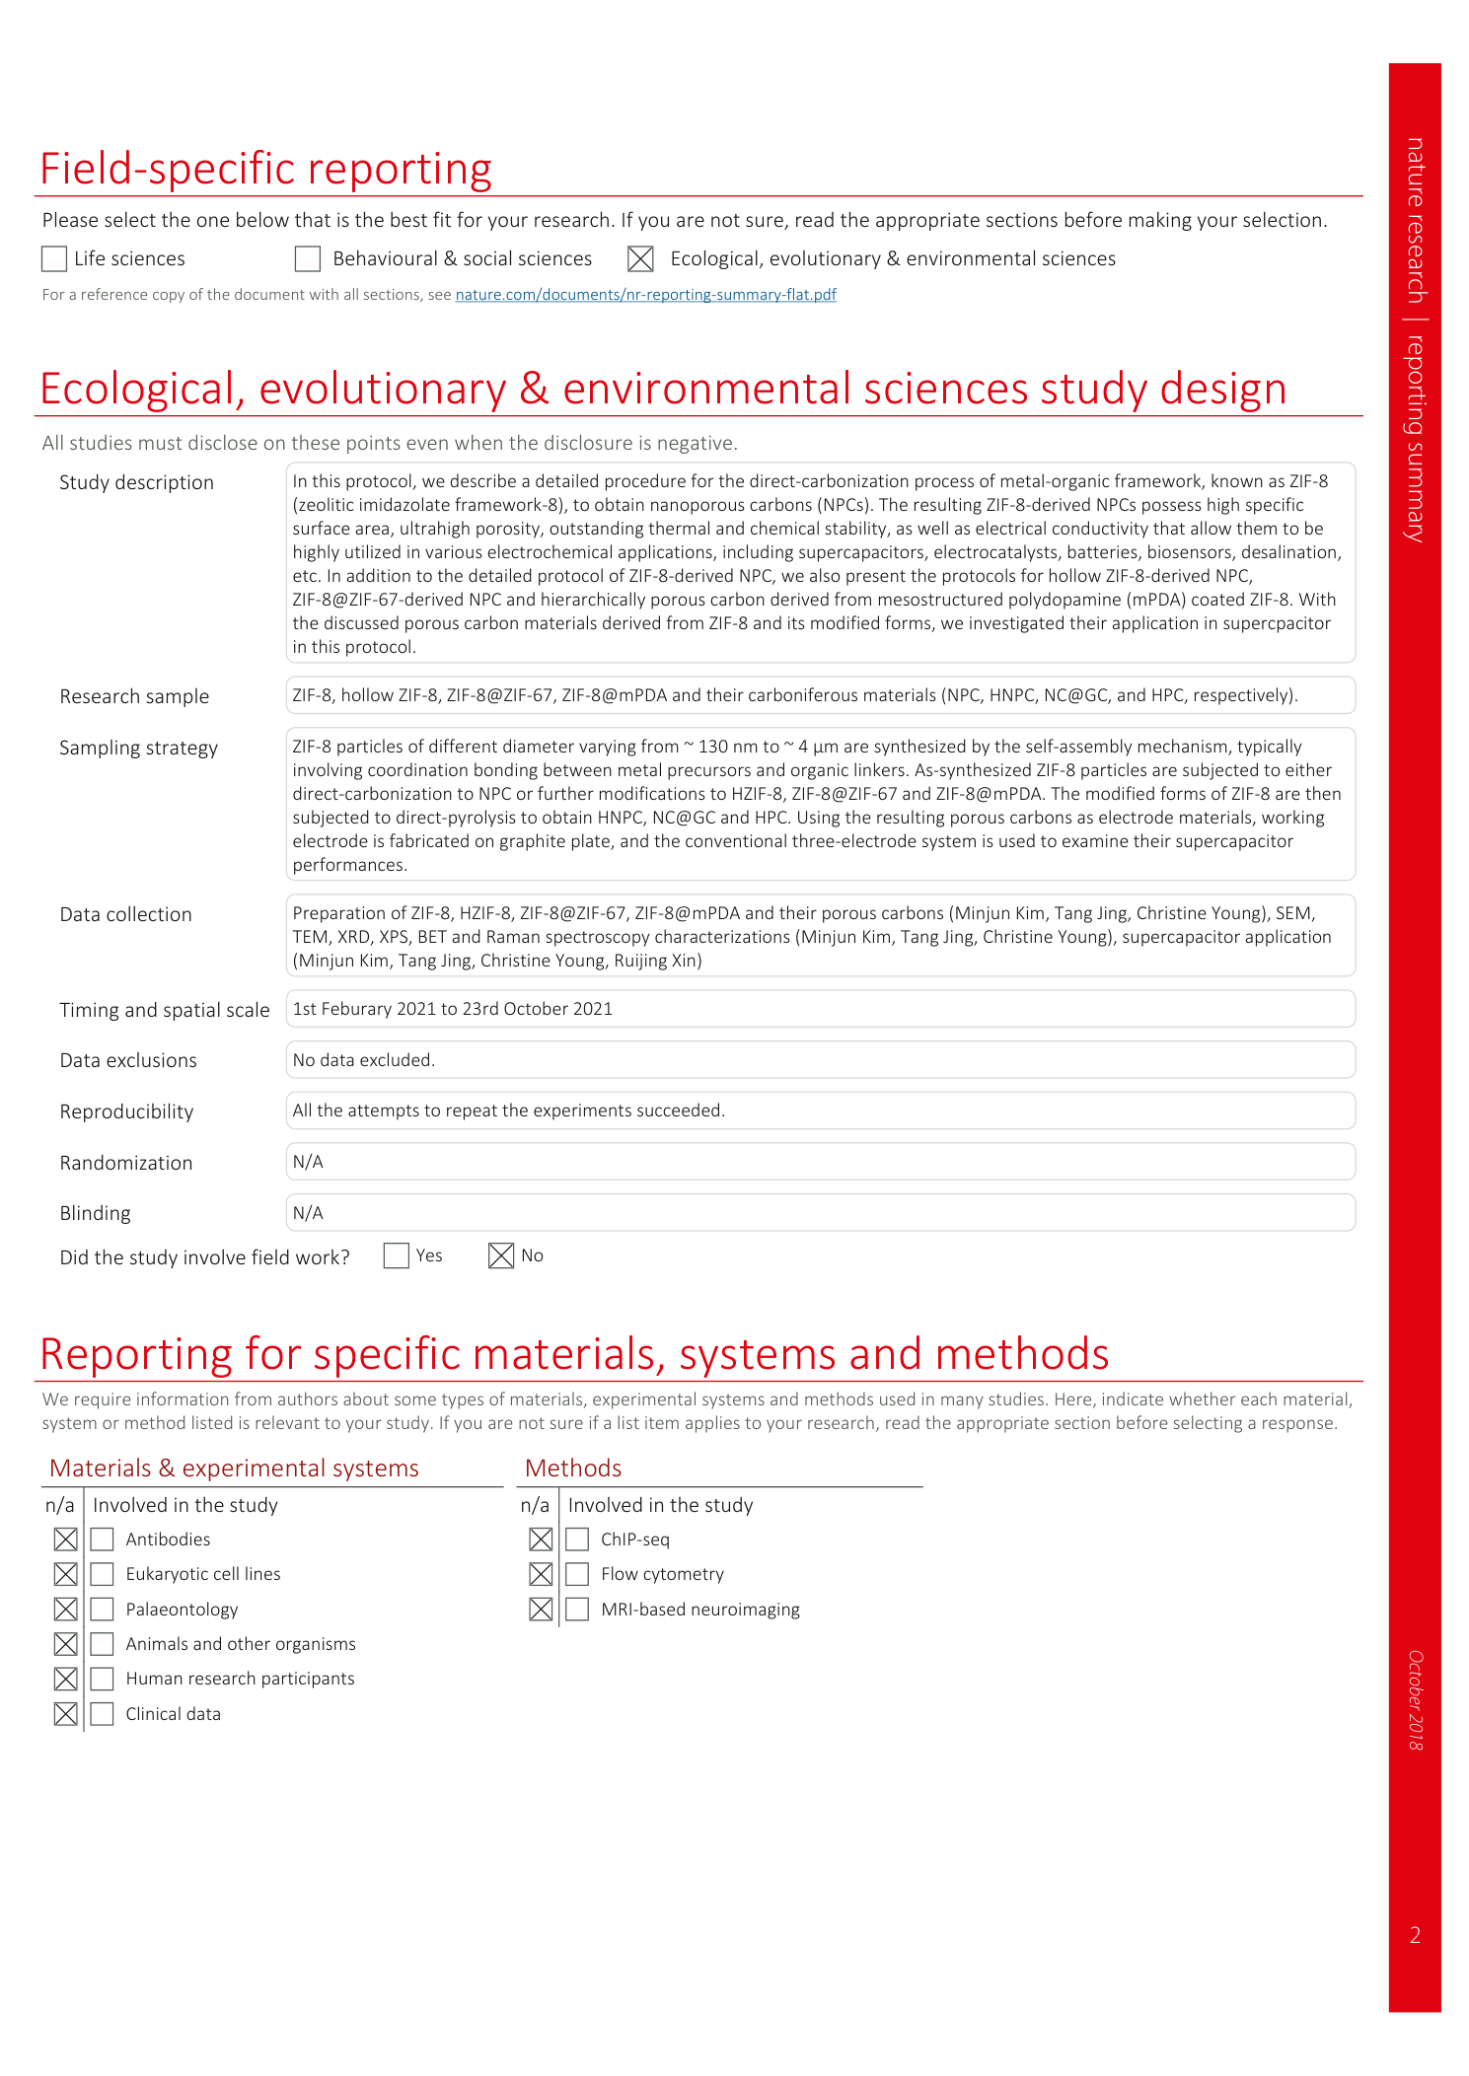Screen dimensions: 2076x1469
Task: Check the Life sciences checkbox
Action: pos(54,259)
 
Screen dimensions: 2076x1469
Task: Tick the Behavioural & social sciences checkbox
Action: pos(308,259)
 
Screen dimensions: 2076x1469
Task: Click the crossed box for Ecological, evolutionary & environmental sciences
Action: pos(640,259)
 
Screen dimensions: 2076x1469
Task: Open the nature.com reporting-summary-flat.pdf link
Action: pos(645,295)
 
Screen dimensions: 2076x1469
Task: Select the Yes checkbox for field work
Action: pos(397,1255)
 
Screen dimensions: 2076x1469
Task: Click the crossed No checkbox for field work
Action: pos(501,1255)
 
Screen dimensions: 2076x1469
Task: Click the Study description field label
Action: pos(136,482)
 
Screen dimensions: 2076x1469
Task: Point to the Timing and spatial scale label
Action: pos(164,1010)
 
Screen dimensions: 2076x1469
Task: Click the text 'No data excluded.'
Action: pos(363,1060)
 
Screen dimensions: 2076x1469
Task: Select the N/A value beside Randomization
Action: pos(308,1162)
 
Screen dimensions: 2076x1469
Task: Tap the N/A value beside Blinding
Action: pos(308,1213)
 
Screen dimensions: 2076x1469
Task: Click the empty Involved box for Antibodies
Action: pos(102,1539)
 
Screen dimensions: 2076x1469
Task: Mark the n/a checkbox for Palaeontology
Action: pos(66,1610)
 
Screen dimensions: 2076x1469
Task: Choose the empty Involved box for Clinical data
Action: pos(102,1714)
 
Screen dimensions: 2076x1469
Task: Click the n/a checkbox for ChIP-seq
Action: pos(541,1539)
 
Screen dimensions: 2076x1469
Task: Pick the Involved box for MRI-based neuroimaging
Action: pos(577,1610)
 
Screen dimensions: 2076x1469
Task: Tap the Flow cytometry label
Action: pos(662,1574)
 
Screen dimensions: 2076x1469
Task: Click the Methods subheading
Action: pos(573,1468)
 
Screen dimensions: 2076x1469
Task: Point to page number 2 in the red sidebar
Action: pos(1415,1935)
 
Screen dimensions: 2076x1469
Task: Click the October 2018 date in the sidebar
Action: pos(1416,1700)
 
